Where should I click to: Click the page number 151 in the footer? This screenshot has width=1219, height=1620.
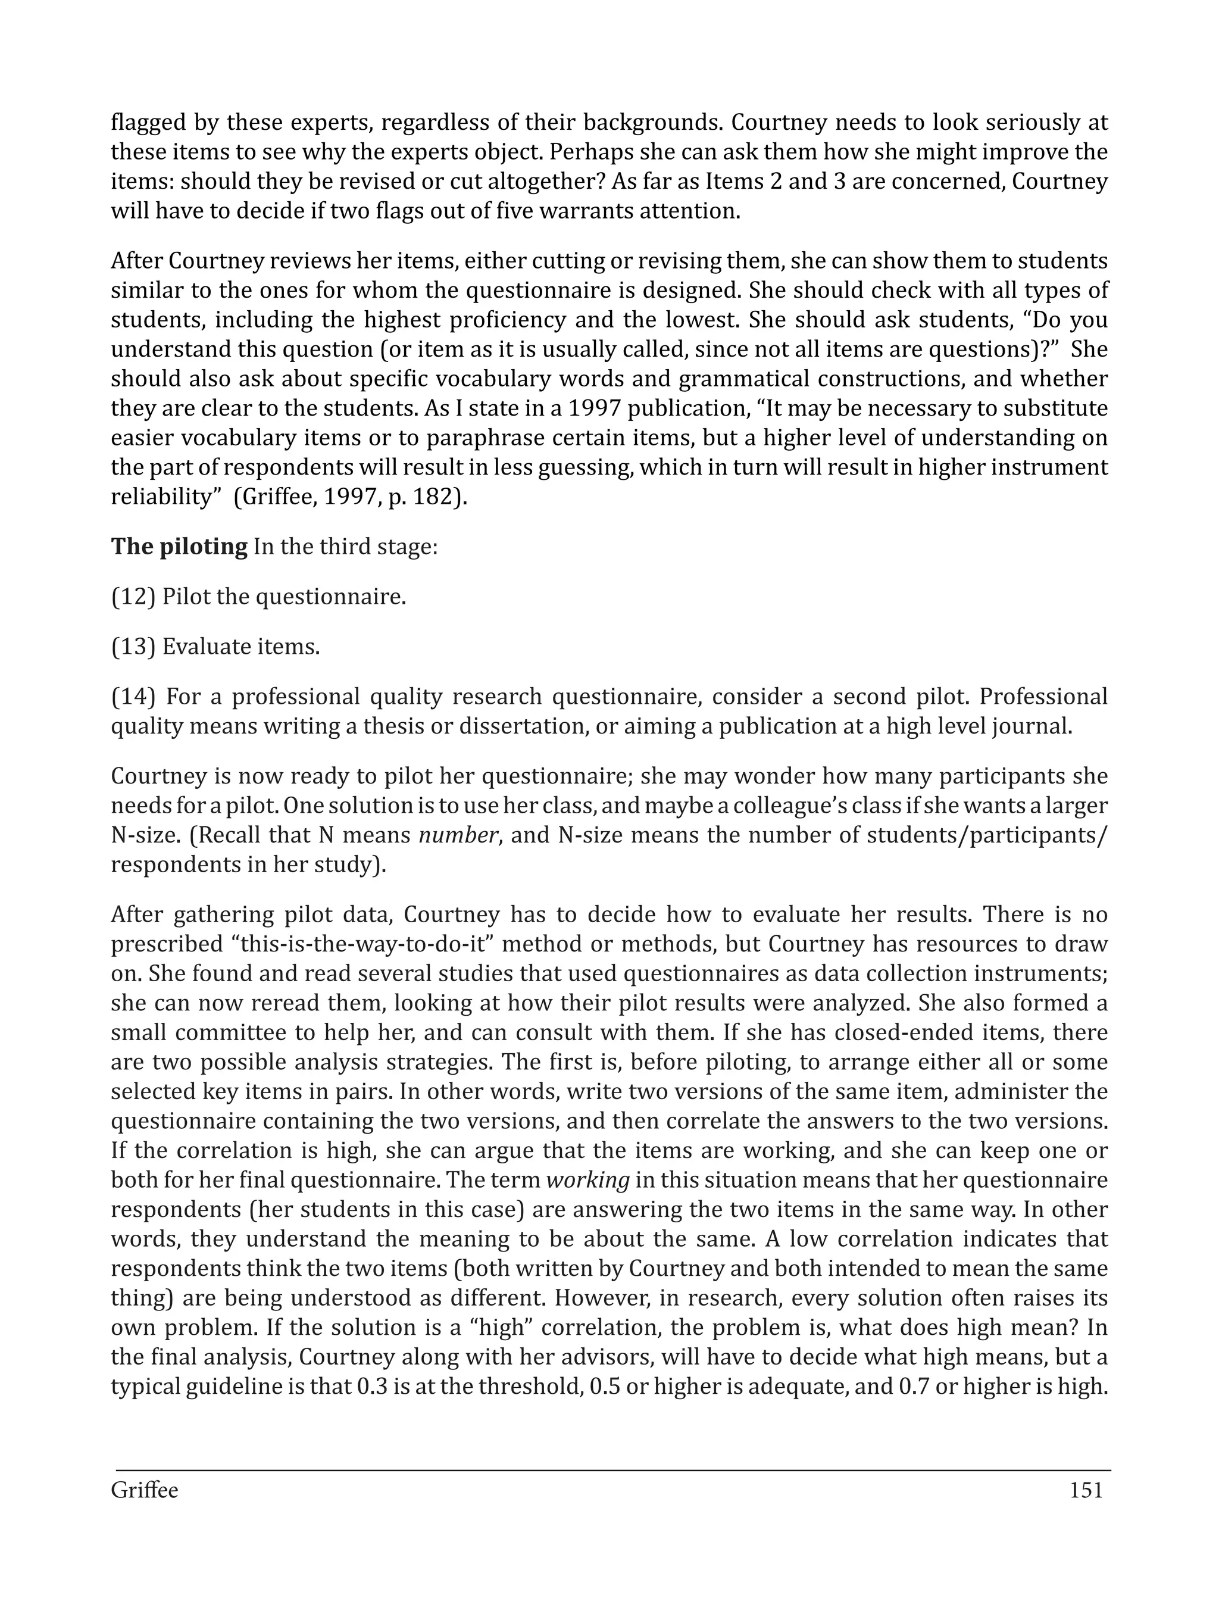point(1086,1490)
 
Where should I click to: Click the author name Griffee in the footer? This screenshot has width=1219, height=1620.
point(144,1490)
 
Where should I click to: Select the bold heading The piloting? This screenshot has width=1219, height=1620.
point(179,547)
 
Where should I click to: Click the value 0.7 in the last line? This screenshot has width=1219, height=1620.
point(914,1387)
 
